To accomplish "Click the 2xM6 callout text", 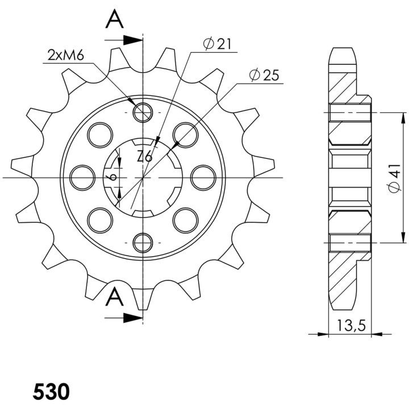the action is (66, 55).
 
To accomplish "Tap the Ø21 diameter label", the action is (217, 44).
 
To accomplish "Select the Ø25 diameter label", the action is (264, 75).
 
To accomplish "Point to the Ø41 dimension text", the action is (394, 178).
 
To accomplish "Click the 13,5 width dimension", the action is (352, 325).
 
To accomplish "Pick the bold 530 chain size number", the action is (51, 392).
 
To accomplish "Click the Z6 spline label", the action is (145, 157).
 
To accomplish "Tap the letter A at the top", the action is (114, 19).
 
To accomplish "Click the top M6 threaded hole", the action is (143, 112).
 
